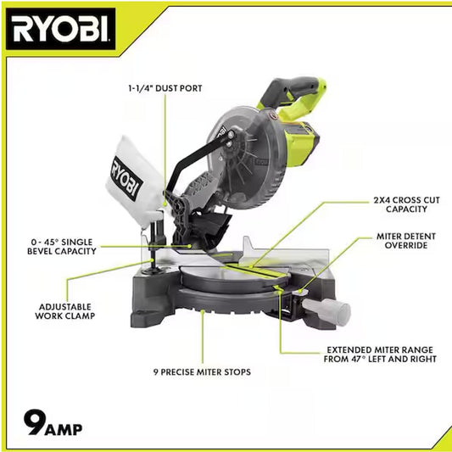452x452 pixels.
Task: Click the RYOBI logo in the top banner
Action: (x=61, y=29)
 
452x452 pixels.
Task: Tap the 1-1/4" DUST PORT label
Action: (x=165, y=88)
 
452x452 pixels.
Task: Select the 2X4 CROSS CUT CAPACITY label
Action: (x=406, y=204)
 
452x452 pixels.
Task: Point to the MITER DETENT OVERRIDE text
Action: (x=406, y=241)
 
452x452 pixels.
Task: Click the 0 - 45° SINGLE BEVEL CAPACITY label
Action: (x=62, y=247)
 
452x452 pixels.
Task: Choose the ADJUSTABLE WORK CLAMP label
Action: (x=64, y=311)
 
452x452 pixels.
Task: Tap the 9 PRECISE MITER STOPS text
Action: (x=202, y=372)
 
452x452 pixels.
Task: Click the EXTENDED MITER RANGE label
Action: (x=380, y=354)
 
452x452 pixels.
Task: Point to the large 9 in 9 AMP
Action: (x=35, y=421)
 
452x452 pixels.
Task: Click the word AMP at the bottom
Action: (x=64, y=429)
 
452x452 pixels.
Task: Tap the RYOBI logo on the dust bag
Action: (x=126, y=179)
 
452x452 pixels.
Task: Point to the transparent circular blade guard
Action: (x=247, y=157)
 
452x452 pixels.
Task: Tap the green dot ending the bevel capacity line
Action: (x=189, y=246)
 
